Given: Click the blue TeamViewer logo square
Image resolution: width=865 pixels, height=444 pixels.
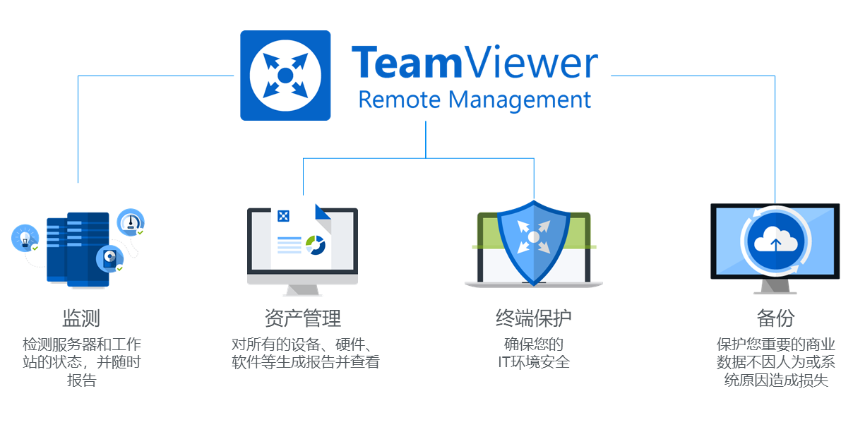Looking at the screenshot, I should point(285,76).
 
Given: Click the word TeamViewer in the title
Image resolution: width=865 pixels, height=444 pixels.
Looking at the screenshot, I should point(475,64).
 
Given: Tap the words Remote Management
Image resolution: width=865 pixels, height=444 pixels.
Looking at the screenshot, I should point(475,100).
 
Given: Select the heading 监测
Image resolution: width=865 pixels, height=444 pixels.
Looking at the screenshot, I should point(82,318).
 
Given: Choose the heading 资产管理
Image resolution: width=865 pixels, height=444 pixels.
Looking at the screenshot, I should point(303,318).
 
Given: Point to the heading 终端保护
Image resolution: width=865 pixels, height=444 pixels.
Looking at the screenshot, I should point(534,318).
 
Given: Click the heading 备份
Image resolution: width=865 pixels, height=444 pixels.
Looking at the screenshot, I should point(775,318).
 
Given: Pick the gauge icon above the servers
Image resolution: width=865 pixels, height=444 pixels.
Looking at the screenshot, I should point(130,221).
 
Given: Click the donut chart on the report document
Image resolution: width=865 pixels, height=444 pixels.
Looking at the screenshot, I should point(315,245).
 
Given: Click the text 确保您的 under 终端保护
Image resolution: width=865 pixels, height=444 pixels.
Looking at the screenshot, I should point(534,344).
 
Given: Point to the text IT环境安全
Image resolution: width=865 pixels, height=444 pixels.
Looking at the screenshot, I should point(534,363).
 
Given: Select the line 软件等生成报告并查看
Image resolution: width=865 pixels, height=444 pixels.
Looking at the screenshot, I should point(306,363).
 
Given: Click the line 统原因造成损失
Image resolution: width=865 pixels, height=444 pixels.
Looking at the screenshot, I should point(776,380).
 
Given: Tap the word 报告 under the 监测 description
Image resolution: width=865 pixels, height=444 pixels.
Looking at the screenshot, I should point(82,380).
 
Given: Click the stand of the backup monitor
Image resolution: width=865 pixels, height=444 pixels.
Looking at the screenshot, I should point(775,287).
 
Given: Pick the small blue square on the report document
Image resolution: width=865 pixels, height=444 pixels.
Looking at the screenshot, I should point(284,216).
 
